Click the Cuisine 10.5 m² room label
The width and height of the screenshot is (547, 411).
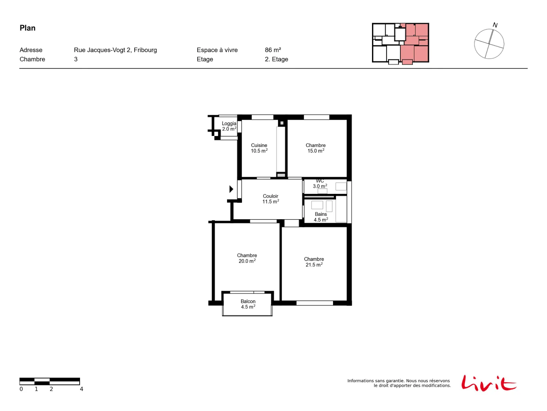tap(259, 148)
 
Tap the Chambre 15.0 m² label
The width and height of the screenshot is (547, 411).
tap(316, 148)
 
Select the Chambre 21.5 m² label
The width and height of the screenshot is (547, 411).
tap(314, 262)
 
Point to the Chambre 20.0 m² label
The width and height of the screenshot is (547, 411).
tap(247, 258)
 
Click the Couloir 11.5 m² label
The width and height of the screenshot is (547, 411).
tap(271, 199)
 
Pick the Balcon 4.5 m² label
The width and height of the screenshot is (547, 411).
tap(248, 304)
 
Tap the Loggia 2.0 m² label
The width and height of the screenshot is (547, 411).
tap(229, 126)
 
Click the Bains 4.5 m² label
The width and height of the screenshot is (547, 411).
tap(321, 217)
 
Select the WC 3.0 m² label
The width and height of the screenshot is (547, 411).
tap(320, 184)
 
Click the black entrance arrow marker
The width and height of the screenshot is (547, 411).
tap(231, 189)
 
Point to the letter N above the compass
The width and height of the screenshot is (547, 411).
tap(495, 25)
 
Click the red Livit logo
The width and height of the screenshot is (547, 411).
tap(489, 383)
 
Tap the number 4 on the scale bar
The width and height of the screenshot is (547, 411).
tap(81, 389)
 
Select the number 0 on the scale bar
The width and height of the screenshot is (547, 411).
tap(21, 389)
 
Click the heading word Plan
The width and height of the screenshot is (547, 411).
tap(28, 28)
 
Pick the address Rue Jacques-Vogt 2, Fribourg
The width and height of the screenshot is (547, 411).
tap(115, 50)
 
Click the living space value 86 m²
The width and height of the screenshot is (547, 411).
tap(273, 50)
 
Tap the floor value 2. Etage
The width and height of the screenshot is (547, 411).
tap(276, 59)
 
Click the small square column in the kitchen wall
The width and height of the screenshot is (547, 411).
tap(282, 123)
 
